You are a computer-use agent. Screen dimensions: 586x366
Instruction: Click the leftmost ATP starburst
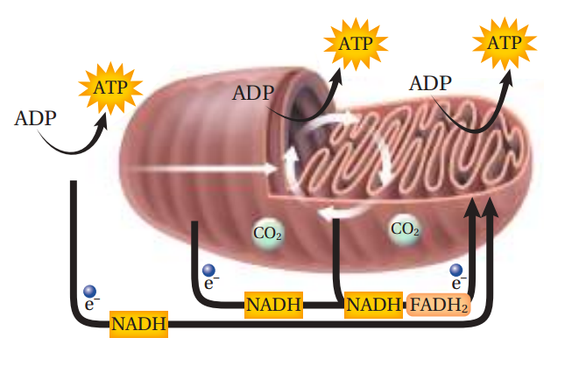(110, 88)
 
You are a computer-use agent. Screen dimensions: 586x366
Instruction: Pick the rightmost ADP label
(430, 84)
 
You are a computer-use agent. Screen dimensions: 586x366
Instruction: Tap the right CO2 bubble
(404, 229)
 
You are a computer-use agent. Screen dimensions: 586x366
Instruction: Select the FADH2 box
(438, 305)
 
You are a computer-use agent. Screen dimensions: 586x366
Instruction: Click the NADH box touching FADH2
(372, 305)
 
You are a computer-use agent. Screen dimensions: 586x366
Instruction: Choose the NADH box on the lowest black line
(138, 325)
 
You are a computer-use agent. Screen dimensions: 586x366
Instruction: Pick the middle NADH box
(274, 305)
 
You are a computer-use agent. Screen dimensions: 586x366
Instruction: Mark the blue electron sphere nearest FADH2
(456, 270)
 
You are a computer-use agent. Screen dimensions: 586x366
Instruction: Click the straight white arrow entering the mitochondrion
(210, 166)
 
